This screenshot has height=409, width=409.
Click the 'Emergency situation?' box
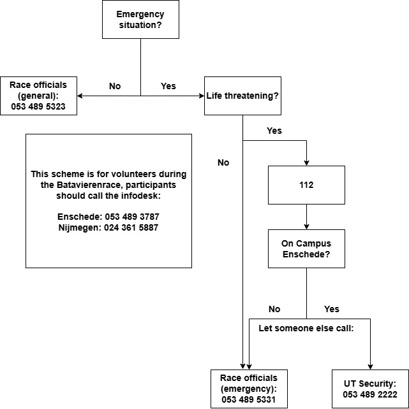tap(140, 19)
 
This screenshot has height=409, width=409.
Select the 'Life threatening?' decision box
tap(242, 96)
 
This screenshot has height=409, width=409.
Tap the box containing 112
tap(306, 185)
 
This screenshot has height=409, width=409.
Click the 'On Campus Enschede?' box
tap(306, 248)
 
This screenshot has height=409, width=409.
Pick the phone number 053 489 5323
tap(38, 106)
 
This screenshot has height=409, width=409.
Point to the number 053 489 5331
tap(249, 399)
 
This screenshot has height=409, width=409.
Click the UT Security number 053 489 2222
tap(370, 394)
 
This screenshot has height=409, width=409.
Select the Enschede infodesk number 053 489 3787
tap(132, 217)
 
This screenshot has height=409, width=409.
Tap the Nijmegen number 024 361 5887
tap(131, 227)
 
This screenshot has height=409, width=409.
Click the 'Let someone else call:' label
tap(306, 328)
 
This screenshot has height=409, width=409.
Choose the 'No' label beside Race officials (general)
tap(115, 86)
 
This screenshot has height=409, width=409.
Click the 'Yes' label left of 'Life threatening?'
tap(168, 86)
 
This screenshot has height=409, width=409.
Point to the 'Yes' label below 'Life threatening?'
tap(274, 131)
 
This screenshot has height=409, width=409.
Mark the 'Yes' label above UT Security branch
tap(332, 309)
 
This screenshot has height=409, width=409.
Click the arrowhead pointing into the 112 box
tap(306, 163)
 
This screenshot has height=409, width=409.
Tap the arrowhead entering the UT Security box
tap(370, 367)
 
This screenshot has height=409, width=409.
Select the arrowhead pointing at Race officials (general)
tap(80, 96)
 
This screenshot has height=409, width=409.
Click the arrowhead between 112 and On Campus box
tap(306, 227)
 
